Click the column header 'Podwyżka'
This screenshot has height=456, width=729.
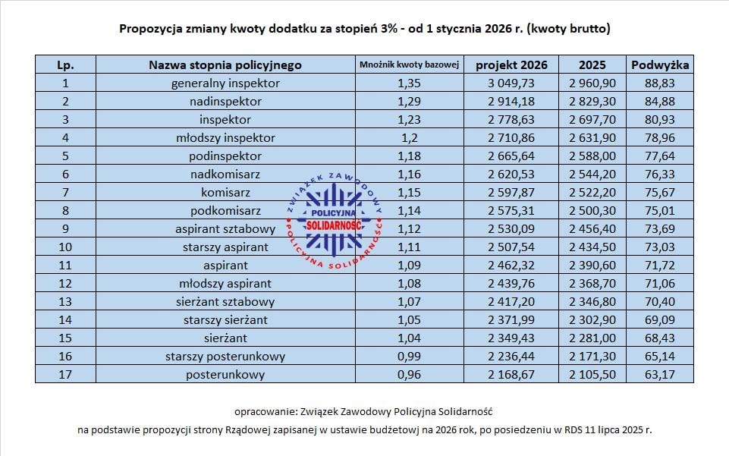coord(659,64)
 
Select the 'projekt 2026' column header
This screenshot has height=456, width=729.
coord(511,64)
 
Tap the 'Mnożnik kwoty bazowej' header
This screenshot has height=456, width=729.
coord(410,64)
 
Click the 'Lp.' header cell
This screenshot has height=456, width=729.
coord(65,64)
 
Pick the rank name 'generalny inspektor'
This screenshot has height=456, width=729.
coord(225,83)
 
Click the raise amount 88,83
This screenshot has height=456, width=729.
coord(659,83)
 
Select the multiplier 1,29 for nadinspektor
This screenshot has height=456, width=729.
coord(410,101)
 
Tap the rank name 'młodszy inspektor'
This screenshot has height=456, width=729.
coord(225,137)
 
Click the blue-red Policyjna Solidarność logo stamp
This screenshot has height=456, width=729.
coord(334,219)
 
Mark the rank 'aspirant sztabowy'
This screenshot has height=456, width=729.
coord(225,228)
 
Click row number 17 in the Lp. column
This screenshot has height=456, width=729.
coord(65,375)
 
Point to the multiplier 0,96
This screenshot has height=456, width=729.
coord(410,375)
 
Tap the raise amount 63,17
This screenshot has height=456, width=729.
coord(659,375)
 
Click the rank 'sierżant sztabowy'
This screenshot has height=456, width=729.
coord(225,301)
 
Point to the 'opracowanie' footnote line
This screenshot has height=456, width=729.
coord(364,411)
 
